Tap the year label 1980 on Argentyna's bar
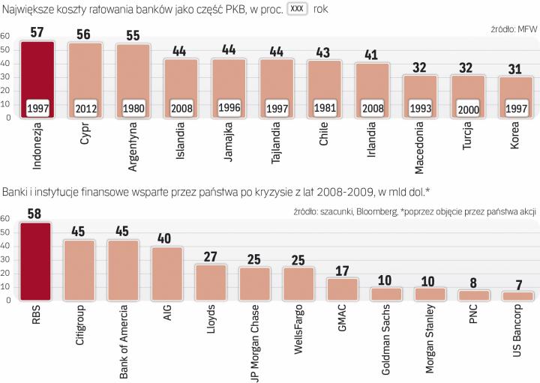point(133,108)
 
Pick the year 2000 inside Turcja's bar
point(468,108)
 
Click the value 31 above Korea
point(515,70)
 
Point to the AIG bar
point(166,274)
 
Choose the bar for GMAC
point(343,289)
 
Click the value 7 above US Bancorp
point(518,285)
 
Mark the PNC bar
point(474,295)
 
